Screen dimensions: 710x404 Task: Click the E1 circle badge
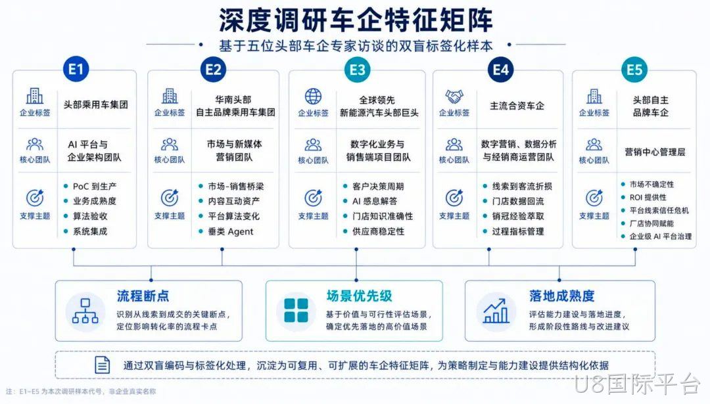[76, 69]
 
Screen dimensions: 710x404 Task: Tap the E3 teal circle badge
[357, 70]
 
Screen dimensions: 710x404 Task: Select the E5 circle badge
[634, 70]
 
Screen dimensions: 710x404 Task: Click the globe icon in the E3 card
[313, 97]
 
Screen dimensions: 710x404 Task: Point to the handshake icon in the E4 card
[454, 97]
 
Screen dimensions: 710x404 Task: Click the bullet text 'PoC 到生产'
[95, 186]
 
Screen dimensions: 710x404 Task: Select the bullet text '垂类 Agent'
[231, 232]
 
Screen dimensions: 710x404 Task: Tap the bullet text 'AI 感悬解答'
[375, 201]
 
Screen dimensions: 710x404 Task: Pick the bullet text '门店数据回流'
[518, 201]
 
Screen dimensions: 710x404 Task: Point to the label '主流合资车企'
[517, 106]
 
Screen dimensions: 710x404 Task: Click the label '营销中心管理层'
[655, 152]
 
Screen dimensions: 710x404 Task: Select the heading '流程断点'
[143, 296]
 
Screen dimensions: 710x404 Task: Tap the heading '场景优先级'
[359, 296]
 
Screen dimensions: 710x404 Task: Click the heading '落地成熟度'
[561, 296]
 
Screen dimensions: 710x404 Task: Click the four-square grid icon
[296, 310]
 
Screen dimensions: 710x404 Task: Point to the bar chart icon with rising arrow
[496, 311]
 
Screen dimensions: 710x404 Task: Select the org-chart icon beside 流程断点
[85, 311]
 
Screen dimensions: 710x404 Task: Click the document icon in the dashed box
[102, 365]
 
